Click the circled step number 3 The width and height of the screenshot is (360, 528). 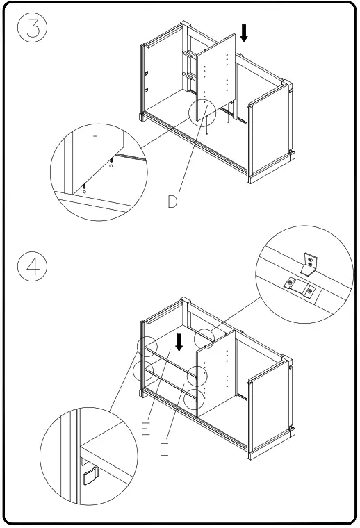[32, 27]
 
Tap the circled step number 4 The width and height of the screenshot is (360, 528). [32, 266]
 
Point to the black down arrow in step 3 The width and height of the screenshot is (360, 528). [245, 33]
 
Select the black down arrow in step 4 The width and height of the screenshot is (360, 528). [179, 342]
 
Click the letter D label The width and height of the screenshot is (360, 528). [172, 201]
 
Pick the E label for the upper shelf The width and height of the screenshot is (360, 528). [145, 429]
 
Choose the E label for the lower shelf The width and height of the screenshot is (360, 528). [164, 449]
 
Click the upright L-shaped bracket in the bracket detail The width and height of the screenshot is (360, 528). [309, 265]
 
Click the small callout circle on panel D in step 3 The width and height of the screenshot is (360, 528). [202, 112]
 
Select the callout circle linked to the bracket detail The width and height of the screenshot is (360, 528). [204, 339]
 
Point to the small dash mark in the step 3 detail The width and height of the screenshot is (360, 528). [95, 136]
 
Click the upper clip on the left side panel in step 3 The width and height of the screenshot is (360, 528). [147, 73]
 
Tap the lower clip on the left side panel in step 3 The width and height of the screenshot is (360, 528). [147, 90]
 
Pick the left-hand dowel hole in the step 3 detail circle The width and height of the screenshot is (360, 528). [84, 191]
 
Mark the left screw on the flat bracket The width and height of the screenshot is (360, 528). [289, 283]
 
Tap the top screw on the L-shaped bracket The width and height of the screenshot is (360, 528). [311, 259]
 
